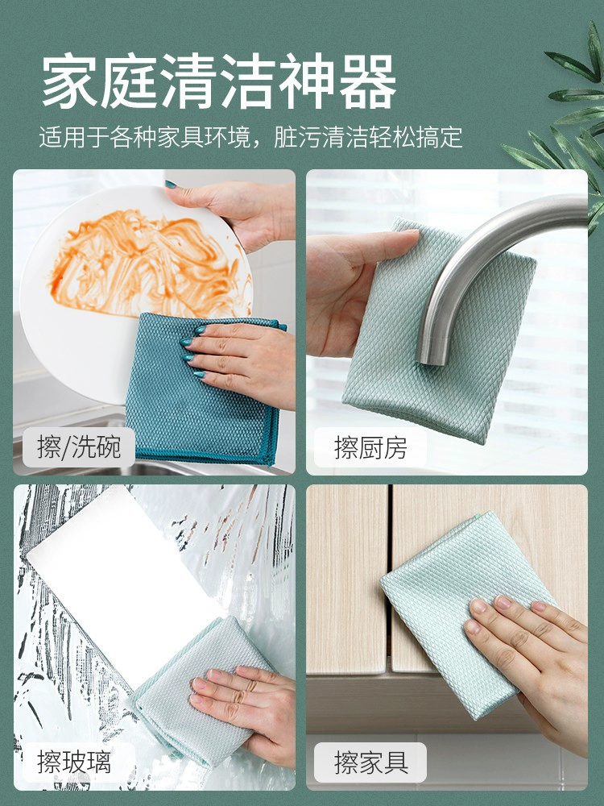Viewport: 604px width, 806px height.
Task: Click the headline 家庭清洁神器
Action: point(219,81)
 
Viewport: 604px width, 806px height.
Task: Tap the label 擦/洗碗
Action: point(79,447)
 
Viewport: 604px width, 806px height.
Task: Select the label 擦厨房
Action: point(370,447)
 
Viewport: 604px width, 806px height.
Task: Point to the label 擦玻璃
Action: point(74,762)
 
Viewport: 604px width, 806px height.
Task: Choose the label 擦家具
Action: point(370,762)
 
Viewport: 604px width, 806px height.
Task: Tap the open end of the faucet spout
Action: point(430,358)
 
